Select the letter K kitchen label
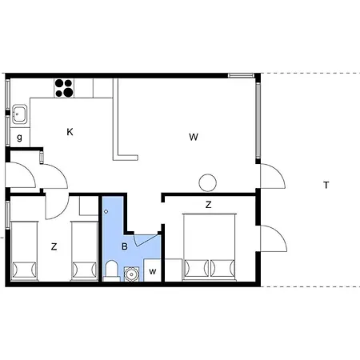[x=70, y=132]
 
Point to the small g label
[x=19, y=138]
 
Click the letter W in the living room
[x=194, y=137]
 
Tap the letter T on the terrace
[x=326, y=186]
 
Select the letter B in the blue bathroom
[x=124, y=246]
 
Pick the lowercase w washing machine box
[x=152, y=272]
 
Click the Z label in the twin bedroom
[x=54, y=247]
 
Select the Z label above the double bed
[x=208, y=206]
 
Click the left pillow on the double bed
[x=196, y=266]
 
